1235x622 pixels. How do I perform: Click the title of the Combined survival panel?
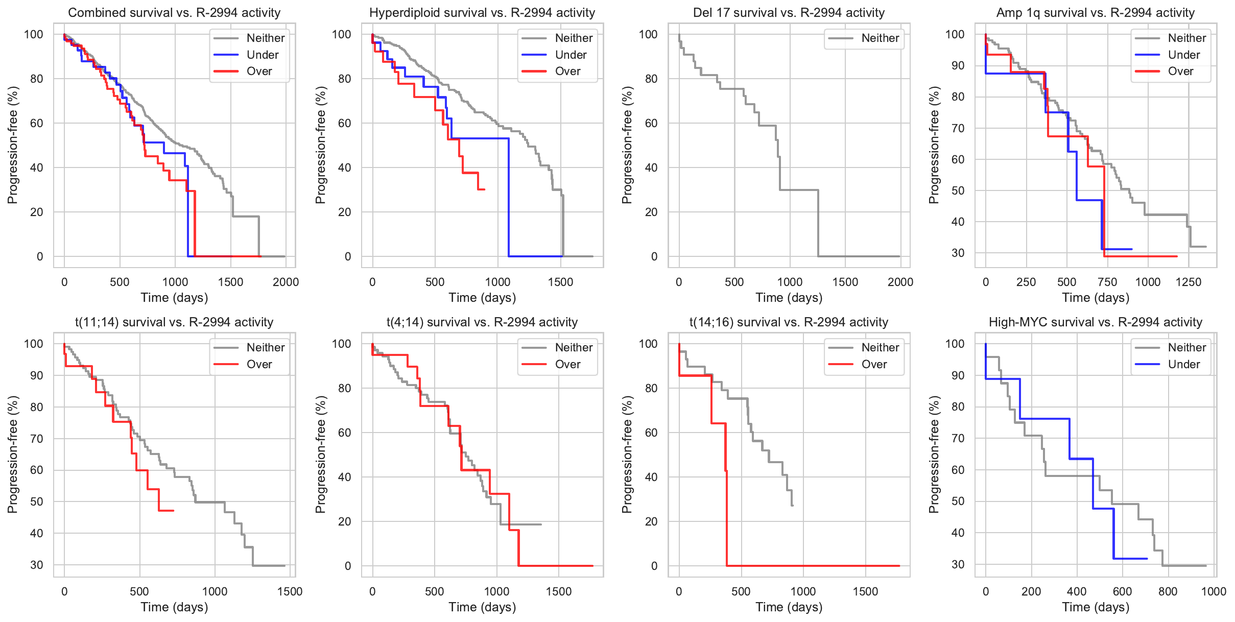174,13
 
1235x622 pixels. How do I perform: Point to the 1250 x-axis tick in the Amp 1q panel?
1189,282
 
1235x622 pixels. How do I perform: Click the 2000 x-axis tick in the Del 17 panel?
900,282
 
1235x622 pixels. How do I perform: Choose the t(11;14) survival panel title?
174,322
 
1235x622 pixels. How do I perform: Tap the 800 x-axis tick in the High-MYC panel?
1168,591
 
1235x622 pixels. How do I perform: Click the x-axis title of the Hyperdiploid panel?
482,298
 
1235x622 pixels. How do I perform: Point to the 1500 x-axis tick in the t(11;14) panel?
290,591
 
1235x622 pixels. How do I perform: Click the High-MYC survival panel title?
1096,322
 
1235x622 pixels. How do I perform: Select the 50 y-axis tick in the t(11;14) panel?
37,501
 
